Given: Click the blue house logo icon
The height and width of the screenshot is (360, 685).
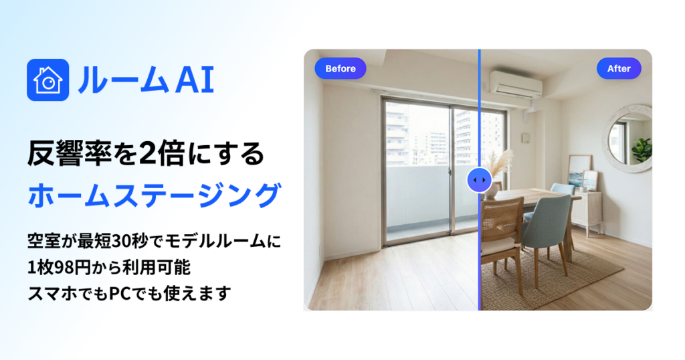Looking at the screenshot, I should [48, 80].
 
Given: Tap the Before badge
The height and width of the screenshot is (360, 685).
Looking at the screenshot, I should [340, 68].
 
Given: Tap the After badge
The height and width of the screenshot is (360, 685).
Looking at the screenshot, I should [619, 68].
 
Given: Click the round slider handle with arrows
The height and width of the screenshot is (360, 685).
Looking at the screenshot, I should [480, 180].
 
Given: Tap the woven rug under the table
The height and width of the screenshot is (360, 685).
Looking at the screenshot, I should [562, 274].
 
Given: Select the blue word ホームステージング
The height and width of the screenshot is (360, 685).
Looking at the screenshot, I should [153, 195].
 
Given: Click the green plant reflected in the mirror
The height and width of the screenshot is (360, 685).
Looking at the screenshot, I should [642, 148].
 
